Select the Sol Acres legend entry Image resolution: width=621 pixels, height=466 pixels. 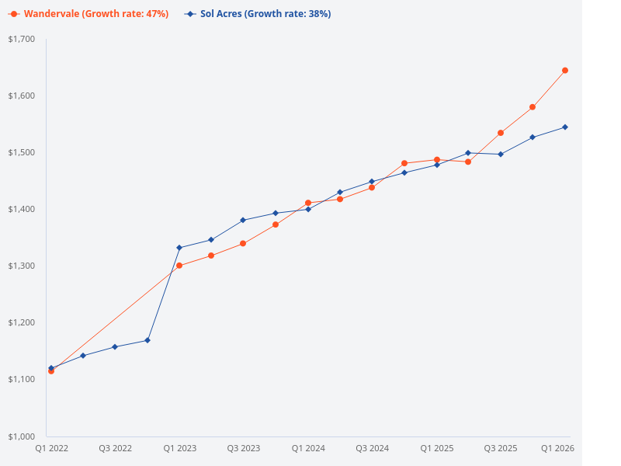(x=259, y=14)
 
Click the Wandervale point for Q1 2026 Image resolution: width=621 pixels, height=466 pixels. (x=565, y=71)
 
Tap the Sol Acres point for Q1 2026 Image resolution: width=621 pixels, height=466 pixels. (x=565, y=127)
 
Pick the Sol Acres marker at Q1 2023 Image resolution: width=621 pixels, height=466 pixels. (x=179, y=248)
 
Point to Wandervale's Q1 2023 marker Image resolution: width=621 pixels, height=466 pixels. (x=179, y=266)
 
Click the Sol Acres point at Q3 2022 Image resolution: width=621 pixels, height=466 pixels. (x=115, y=346)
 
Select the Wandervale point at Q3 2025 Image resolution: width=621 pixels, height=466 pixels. (x=501, y=133)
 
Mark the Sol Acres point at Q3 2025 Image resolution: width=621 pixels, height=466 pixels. (x=501, y=154)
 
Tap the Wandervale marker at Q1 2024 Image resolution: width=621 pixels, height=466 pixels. (x=308, y=203)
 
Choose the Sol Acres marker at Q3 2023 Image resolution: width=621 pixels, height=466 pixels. (x=243, y=220)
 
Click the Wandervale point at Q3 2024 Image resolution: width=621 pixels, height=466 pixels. (x=372, y=187)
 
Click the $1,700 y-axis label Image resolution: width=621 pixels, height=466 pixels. (x=21, y=39)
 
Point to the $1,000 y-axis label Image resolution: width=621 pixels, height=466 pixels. (x=21, y=436)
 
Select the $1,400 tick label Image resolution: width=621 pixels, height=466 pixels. (x=21, y=209)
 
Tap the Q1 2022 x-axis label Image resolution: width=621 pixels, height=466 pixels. (x=51, y=448)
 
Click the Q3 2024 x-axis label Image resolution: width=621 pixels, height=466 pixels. (x=372, y=448)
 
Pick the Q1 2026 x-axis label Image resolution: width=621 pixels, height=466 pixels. (x=557, y=448)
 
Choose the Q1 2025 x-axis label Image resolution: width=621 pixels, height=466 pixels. (x=437, y=448)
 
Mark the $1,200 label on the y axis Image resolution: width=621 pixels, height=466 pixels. (x=21, y=322)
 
